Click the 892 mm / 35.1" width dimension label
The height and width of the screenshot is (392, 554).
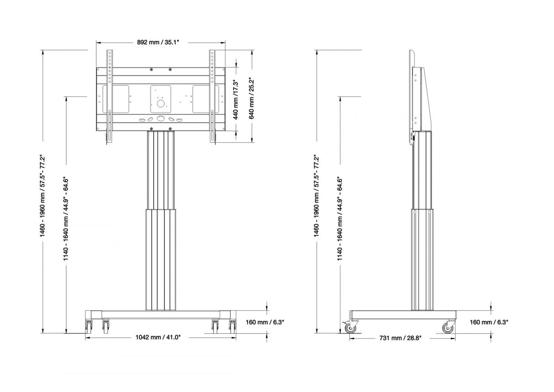click(x=158, y=42)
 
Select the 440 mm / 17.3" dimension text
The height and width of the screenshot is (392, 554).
click(x=235, y=100)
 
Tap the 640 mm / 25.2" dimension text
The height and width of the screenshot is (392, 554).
click(x=251, y=99)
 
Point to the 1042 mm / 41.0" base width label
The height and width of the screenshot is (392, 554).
click(x=158, y=337)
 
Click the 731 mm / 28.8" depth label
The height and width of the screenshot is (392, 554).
click(x=400, y=338)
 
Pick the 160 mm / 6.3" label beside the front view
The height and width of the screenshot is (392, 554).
click(x=265, y=322)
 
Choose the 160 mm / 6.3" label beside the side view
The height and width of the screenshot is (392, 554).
click(x=489, y=322)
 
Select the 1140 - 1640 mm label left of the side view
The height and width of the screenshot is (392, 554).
click(x=340, y=219)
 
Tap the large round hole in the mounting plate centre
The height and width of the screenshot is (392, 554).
click(x=161, y=103)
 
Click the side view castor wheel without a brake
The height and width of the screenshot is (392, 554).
click(x=448, y=328)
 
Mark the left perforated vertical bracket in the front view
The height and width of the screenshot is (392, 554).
click(x=110, y=96)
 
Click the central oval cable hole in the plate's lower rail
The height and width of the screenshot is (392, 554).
click(x=161, y=119)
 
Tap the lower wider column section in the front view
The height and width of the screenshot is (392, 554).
click(x=161, y=260)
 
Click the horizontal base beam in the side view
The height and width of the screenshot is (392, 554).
click(x=403, y=315)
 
